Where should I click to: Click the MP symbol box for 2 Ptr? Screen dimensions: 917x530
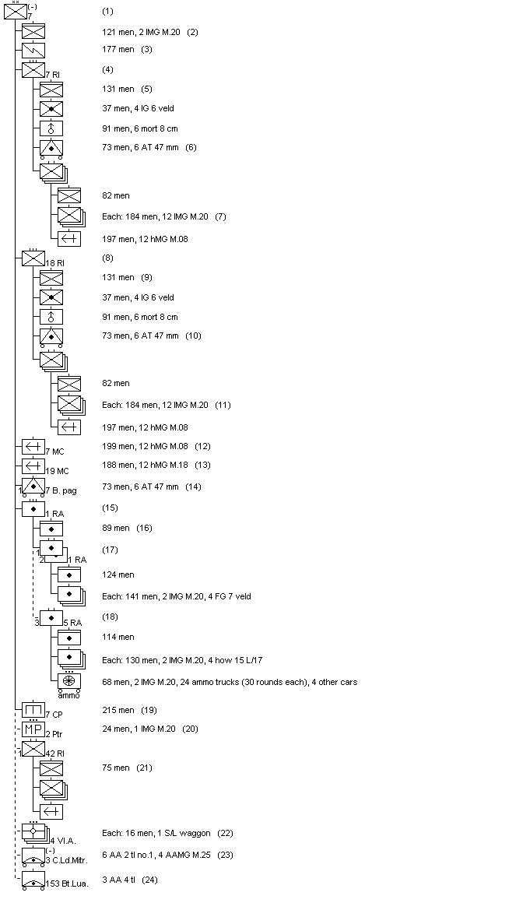[x=33, y=730]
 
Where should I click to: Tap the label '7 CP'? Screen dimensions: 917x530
[x=54, y=715]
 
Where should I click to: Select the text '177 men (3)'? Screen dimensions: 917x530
[x=127, y=49]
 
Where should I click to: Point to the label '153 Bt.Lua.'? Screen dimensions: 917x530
[x=67, y=884]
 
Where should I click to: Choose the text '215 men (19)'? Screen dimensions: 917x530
[x=129, y=710]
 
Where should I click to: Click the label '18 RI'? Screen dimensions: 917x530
[x=54, y=263]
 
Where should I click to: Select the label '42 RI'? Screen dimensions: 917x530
[x=54, y=753]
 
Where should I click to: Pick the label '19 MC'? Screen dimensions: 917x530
[x=57, y=471]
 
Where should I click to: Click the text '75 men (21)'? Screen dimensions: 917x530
[x=126, y=768]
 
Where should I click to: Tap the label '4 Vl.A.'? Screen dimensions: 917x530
[x=62, y=840]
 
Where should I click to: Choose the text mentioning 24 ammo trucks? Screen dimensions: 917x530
[x=230, y=682]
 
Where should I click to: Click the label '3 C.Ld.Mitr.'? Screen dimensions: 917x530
[x=65, y=860]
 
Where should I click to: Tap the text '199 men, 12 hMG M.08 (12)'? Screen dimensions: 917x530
[x=156, y=446]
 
